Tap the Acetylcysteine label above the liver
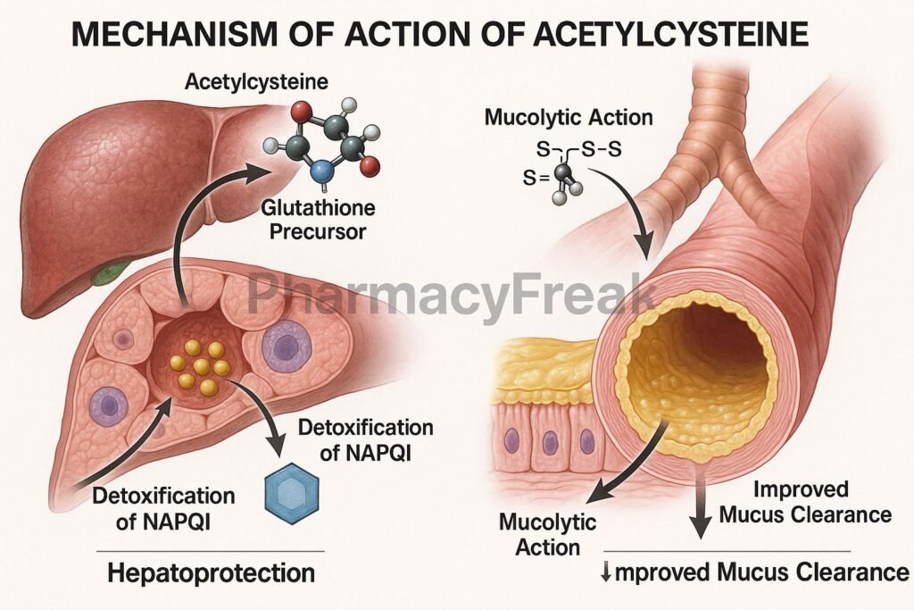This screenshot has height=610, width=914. pos(256,82)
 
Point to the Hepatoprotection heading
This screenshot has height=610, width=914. pos(211,572)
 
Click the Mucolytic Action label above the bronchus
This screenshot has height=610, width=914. pos(568,117)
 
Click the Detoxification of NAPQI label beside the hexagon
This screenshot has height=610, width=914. pos(363,439)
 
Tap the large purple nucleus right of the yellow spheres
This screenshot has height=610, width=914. pos(285,346)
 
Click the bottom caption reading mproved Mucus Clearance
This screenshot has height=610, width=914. pos(755,572)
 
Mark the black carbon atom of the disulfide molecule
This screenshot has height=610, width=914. pos(563,173)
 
